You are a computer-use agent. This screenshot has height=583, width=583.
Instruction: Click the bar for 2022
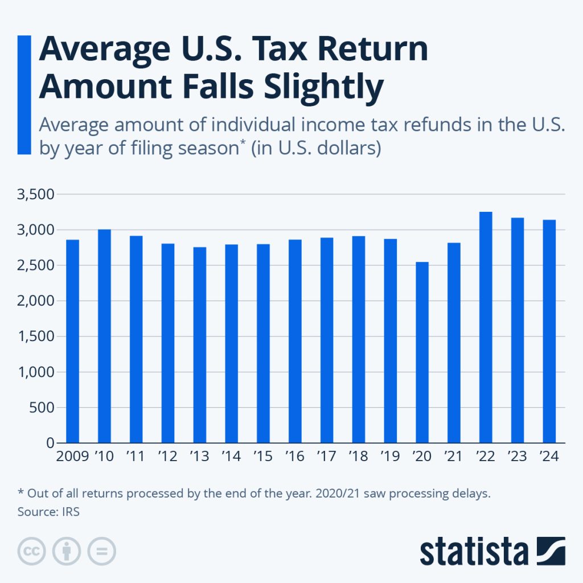pos(486,327)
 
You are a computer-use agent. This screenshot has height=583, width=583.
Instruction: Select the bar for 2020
pos(422,352)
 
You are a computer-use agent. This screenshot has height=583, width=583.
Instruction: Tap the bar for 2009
pos(72,342)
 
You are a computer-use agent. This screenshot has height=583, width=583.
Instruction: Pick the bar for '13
pos(199,345)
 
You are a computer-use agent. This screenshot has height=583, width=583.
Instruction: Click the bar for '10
pos(104,336)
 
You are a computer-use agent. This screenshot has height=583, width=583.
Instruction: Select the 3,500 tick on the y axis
pos(37,195)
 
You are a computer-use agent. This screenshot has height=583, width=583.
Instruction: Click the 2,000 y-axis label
pos(37,301)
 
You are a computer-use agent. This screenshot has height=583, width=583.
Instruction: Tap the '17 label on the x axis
pos(327,457)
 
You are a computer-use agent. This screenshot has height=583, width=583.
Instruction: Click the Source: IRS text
pos(48,511)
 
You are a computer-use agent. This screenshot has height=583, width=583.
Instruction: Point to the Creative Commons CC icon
pos(32,551)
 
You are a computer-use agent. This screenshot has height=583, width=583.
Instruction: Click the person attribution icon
pos(67,551)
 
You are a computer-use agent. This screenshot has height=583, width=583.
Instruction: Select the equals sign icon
pos(101,551)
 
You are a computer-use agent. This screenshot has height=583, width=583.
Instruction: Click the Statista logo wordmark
pos(474,551)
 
